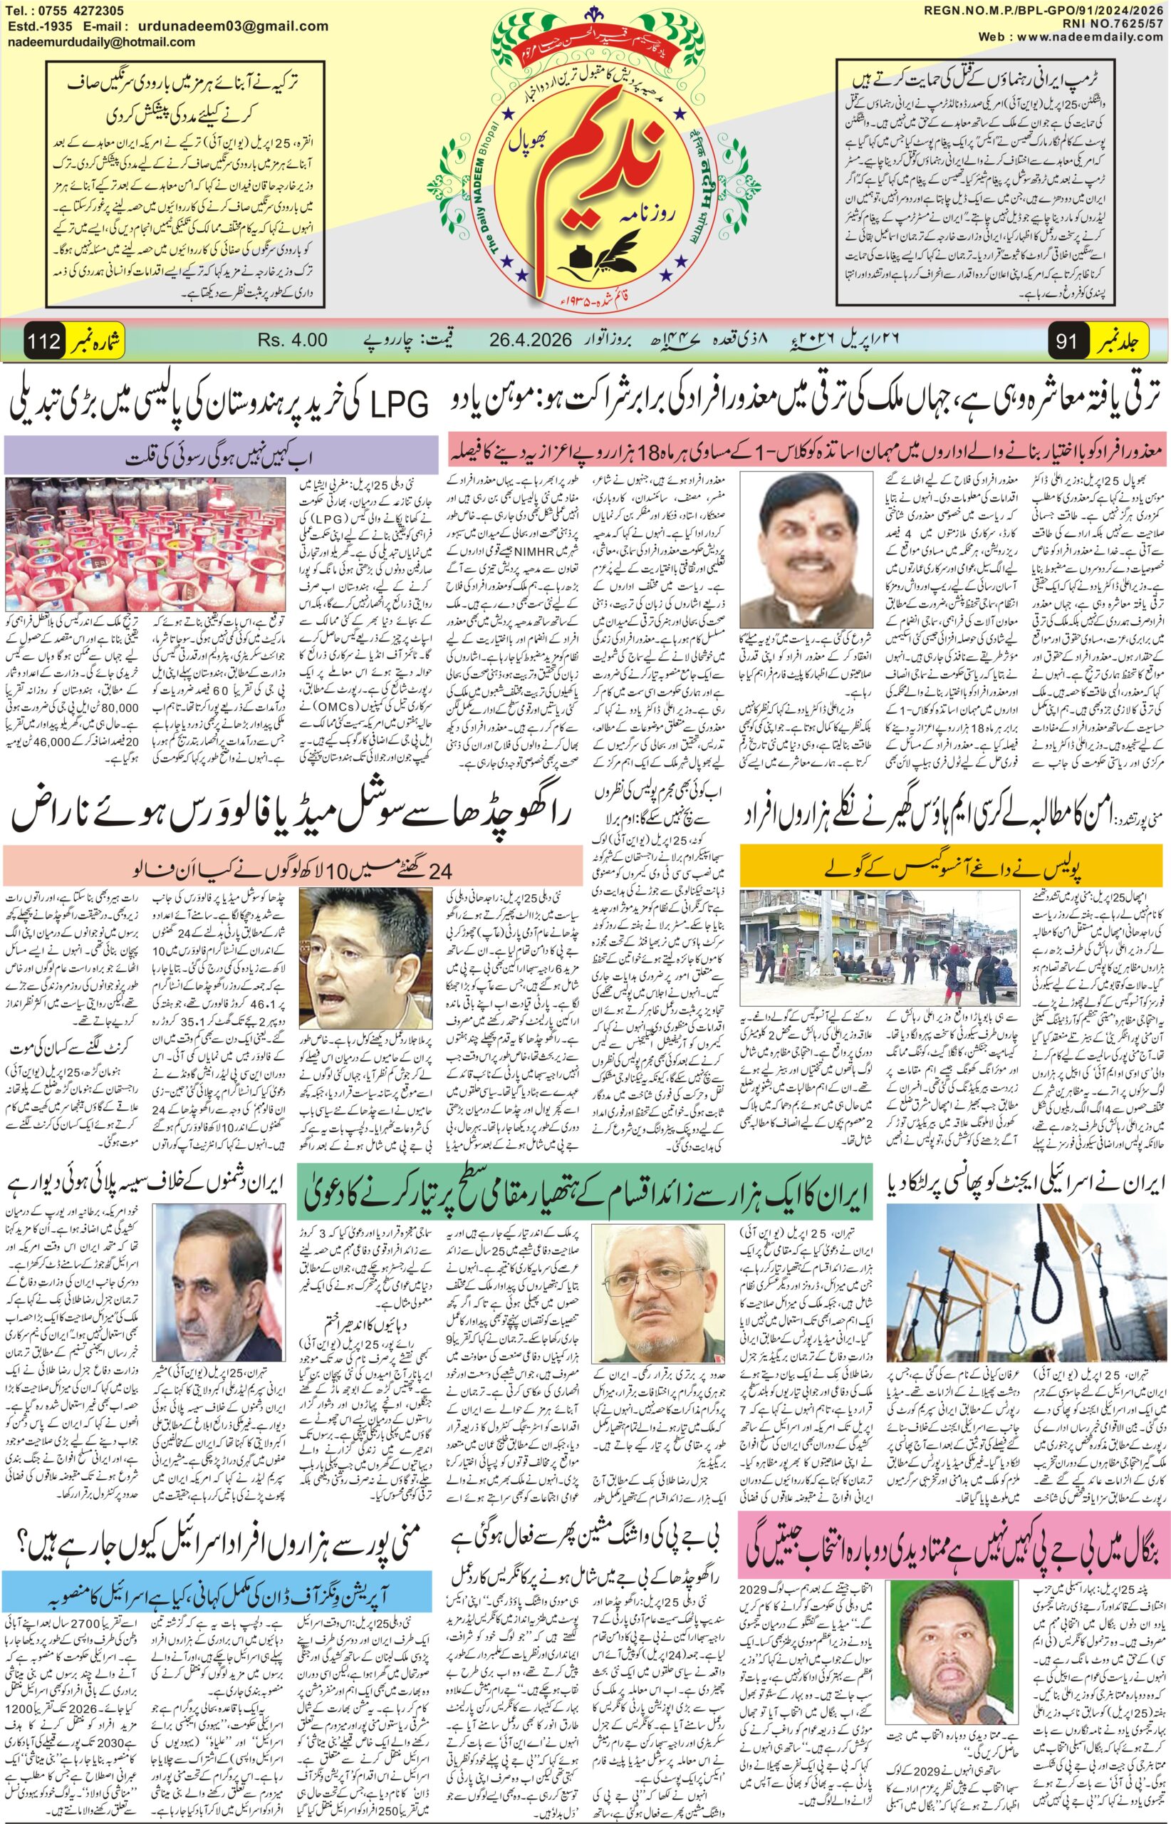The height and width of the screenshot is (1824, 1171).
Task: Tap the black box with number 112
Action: point(44,341)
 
